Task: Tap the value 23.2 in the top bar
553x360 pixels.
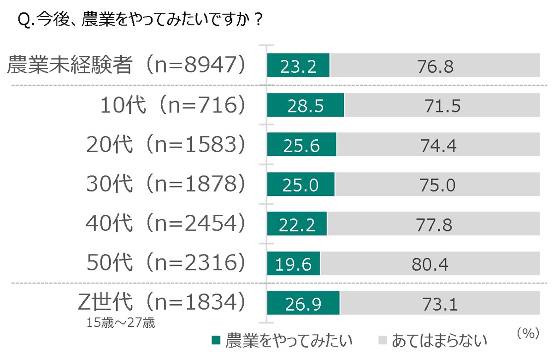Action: point(298,66)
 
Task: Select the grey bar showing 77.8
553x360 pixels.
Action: point(433,224)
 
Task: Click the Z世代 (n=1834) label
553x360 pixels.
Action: point(159,302)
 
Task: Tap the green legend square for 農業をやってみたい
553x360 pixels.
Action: point(216,341)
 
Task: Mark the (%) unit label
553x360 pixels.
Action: point(528,333)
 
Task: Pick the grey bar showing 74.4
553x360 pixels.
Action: point(438,146)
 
